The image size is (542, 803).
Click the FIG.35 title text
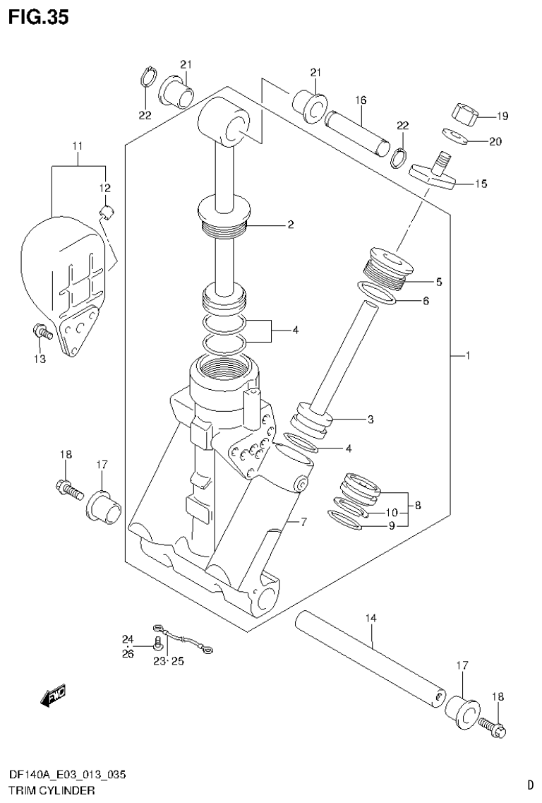coord(38,17)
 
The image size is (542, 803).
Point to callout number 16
coord(361,100)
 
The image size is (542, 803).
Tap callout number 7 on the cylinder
coord(303,522)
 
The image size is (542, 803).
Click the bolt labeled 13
coord(41,331)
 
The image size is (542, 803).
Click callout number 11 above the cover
coord(77,146)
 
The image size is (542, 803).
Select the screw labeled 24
coord(157,643)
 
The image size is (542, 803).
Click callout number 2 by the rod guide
coord(289,225)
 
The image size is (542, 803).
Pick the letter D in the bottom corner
coord(530,784)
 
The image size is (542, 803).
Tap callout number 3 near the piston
coord(370,419)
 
